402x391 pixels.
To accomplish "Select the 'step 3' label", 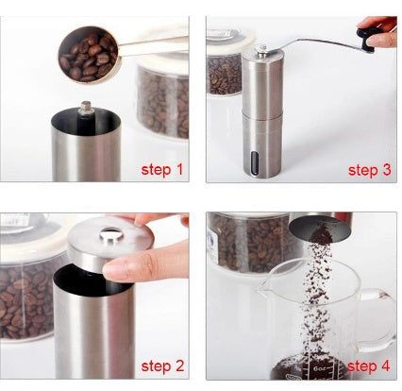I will [368, 171].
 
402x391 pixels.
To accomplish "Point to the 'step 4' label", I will [368, 365].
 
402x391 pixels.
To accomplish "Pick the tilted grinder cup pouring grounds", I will [320, 226].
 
